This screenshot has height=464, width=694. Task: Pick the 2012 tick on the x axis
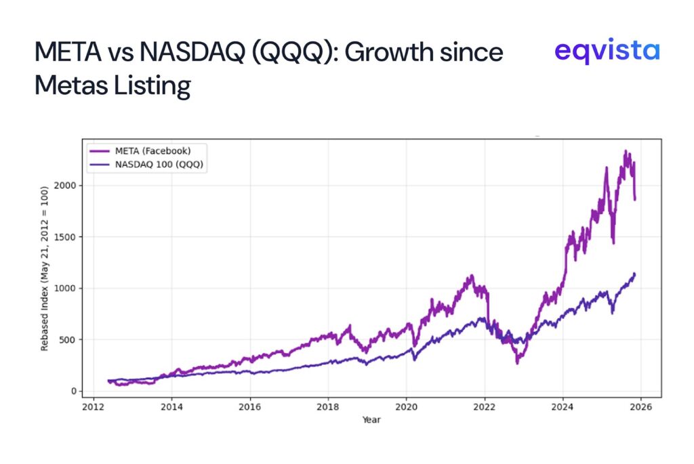click(x=94, y=407)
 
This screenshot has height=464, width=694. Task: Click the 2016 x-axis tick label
click(x=250, y=407)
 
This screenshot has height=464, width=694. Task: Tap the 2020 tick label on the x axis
click(x=406, y=407)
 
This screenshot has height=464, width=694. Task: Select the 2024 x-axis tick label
click(x=563, y=407)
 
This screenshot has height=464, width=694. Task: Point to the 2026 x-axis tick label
click(x=640, y=407)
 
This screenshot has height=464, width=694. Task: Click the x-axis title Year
click(x=371, y=420)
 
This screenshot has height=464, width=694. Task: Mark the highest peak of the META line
click(x=625, y=151)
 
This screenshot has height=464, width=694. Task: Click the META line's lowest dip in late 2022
click(x=517, y=364)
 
